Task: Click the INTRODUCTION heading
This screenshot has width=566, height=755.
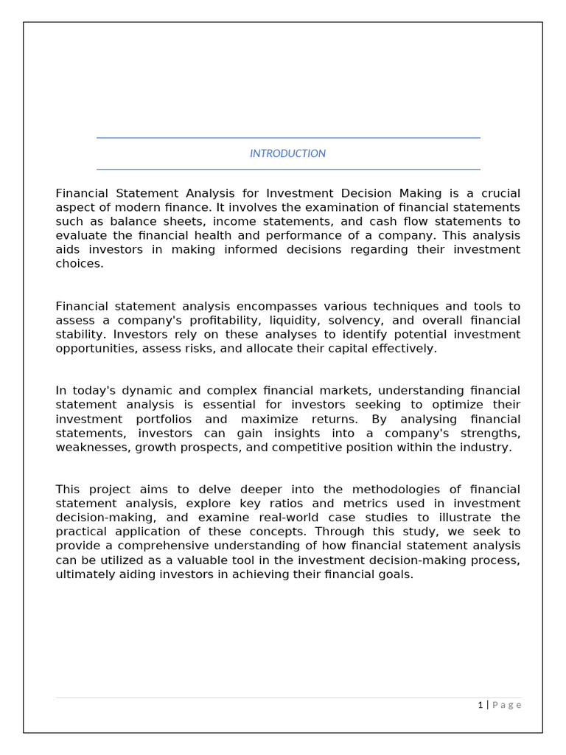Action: coord(287,153)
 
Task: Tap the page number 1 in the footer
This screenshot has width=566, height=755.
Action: coord(480,705)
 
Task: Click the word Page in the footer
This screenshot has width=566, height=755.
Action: coord(507,705)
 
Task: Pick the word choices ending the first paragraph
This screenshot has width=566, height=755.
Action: coord(79,263)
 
